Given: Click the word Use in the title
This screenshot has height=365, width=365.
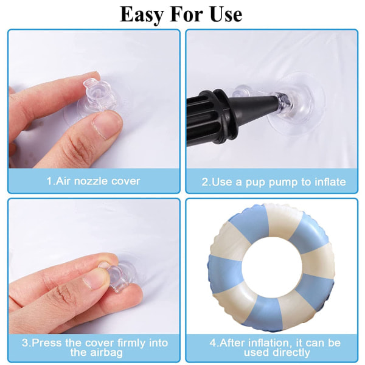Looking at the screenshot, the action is (x=226, y=14).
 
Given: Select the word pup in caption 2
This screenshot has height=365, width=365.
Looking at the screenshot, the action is (x=255, y=182).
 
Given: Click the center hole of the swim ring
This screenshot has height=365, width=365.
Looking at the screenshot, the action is (x=271, y=268).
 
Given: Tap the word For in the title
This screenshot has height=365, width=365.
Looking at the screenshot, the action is (x=186, y=14).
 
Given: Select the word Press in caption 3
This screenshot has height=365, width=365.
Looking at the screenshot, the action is (x=47, y=343).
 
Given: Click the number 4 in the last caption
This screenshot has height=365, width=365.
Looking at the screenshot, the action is (x=212, y=343).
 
